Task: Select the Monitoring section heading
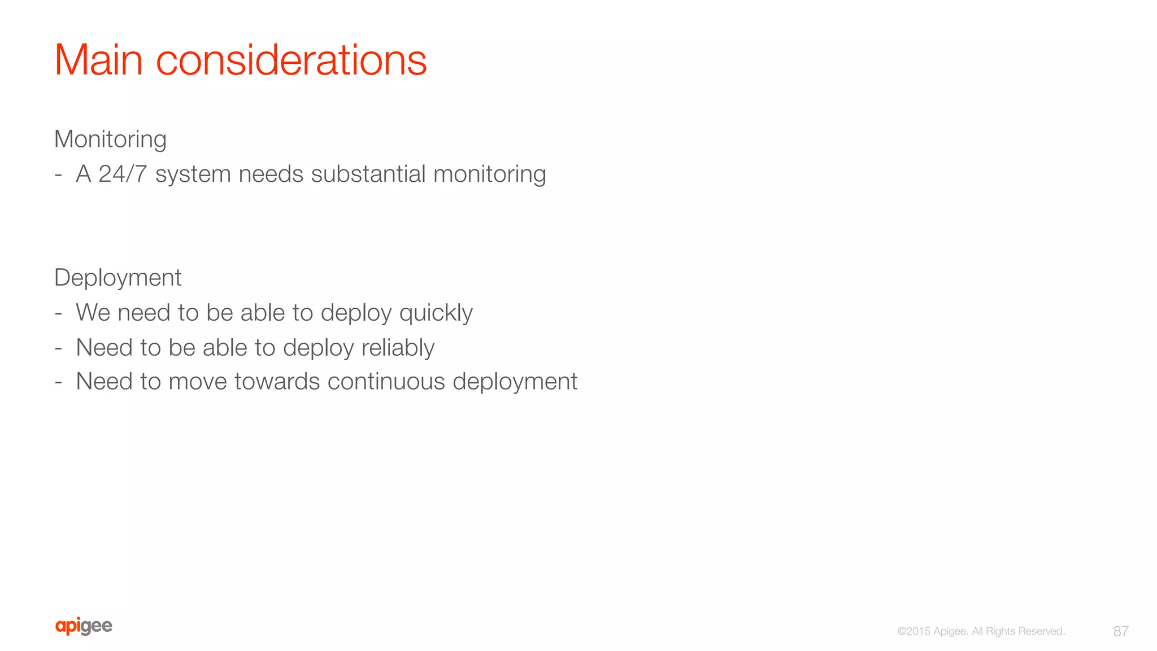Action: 110,139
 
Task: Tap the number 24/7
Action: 123,174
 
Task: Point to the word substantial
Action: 368,174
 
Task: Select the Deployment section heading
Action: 118,278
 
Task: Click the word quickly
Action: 436,313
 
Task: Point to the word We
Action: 93,313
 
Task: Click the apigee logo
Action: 84,626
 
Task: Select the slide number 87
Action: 1121,631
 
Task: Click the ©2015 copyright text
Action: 914,631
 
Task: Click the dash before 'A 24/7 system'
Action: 58,175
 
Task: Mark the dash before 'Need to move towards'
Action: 58,382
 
